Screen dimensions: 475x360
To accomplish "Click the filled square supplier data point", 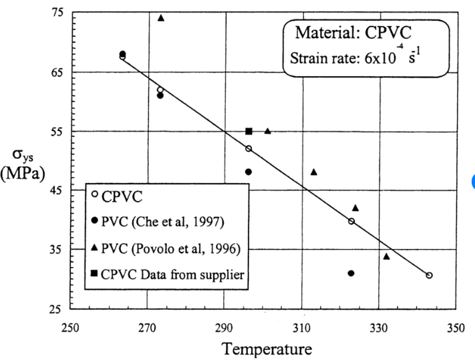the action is click(x=249, y=131).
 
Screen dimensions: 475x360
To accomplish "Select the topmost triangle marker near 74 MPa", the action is click(x=161, y=18).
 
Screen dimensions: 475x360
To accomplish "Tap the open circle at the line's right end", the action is click(x=429, y=275).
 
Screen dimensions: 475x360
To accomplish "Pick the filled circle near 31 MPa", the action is click(x=351, y=273).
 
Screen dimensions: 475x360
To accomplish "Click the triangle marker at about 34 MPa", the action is click(x=386, y=256).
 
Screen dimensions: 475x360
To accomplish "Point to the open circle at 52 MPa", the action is click(x=249, y=149).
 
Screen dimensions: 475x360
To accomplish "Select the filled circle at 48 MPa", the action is click(x=249, y=172).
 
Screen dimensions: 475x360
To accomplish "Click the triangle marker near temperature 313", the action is click(x=314, y=172).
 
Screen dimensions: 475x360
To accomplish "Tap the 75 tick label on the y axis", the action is click(x=57, y=13).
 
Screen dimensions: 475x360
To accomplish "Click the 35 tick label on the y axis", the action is click(x=57, y=250).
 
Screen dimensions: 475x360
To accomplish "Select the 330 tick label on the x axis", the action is click(x=378, y=328).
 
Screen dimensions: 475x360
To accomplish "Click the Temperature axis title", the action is click(x=267, y=349).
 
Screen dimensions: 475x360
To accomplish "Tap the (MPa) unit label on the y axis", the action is click(x=23, y=174).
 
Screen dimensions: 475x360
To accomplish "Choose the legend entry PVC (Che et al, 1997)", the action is click(x=158, y=222).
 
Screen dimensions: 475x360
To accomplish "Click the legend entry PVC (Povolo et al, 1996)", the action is click(x=166, y=248).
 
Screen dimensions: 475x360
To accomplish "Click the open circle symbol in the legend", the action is click(x=95, y=194).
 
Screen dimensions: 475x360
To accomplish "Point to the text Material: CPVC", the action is click(x=353, y=33).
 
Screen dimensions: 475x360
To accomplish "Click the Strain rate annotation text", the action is click(x=355, y=57).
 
